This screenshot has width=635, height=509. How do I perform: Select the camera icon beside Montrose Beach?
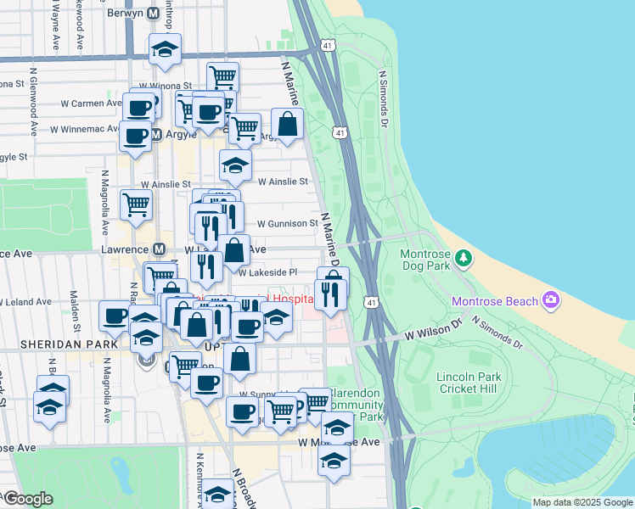click(x=551, y=299)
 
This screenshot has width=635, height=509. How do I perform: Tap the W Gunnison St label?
click(x=289, y=224)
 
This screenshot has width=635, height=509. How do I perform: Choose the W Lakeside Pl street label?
click(x=267, y=272)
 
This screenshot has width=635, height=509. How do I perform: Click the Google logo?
click(x=27, y=499)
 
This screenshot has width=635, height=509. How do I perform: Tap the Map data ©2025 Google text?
click(x=582, y=502)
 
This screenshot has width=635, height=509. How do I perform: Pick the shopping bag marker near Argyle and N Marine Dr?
click(x=288, y=124)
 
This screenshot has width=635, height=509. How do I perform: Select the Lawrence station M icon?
click(x=158, y=249)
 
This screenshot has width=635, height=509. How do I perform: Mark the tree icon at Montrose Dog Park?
click(x=464, y=256)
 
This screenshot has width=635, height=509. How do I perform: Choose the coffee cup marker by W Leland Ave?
click(x=115, y=316)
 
